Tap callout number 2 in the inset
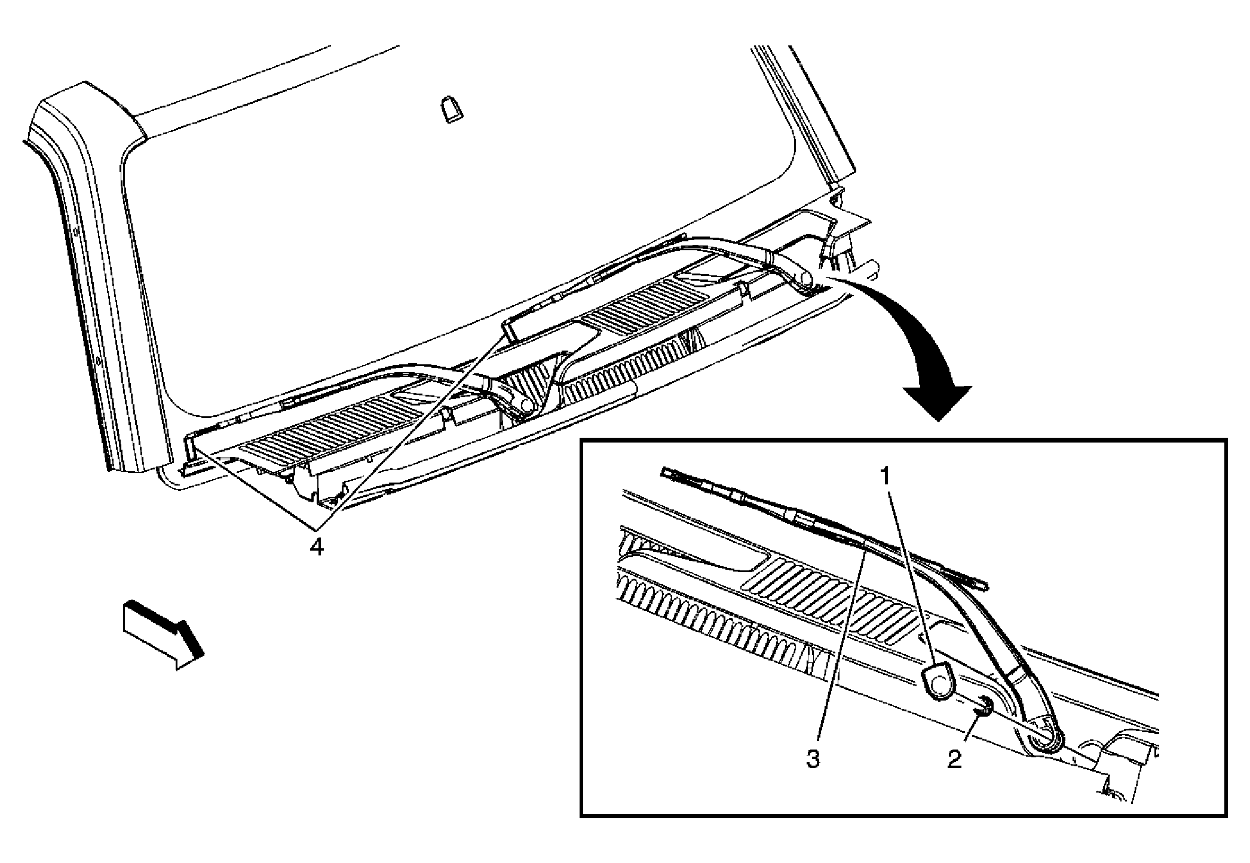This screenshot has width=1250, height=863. (x=954, y=760)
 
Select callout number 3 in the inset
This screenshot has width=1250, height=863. (x=813, y=760)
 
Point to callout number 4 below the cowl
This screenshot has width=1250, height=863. (x=317, y=546)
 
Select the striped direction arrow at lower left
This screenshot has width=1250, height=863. (x=162, y=634)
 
